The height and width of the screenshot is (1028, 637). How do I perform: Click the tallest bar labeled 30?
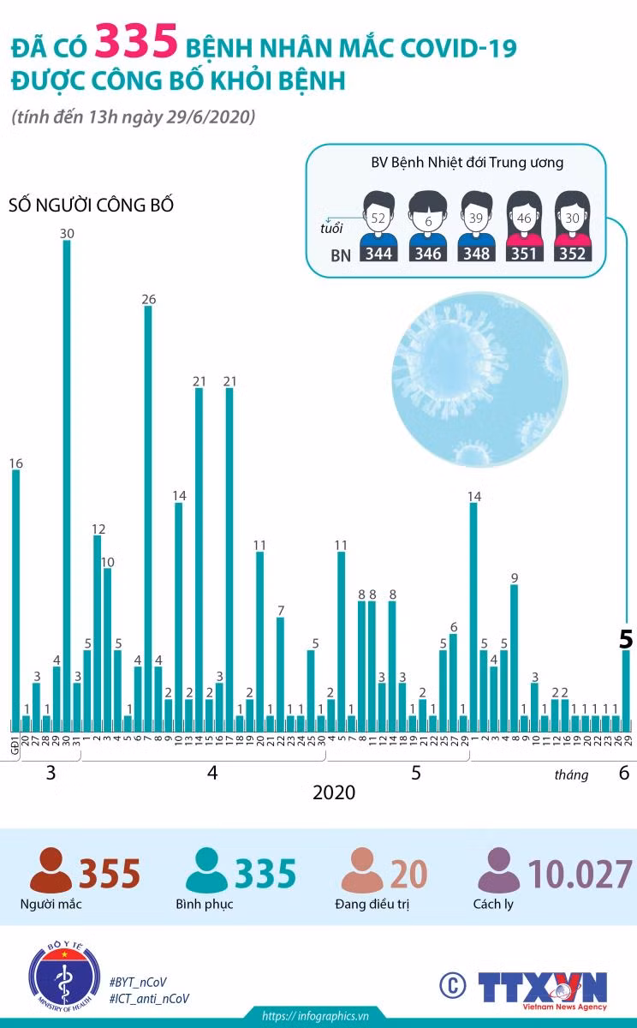coord(67,486)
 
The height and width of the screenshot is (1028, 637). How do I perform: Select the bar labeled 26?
coord(148,518)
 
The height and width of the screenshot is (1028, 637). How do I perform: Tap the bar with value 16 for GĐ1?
coord(15,601)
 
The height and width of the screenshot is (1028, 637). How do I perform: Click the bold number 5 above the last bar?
coord(626,639)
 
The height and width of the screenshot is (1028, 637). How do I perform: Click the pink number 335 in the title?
coord(136,43)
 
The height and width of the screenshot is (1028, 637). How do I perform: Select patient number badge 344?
coord(378,254)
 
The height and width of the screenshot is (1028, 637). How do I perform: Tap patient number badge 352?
coord(572,254)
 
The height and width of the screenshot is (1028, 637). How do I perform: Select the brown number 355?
coord(110,874)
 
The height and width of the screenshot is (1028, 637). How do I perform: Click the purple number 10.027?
coord(580,874)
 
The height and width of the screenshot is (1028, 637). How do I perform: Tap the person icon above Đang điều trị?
coord(362,870)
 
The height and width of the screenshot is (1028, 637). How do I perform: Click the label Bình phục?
coord(205,904)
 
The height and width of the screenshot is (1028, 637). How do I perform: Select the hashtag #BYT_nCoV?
coord(138,982)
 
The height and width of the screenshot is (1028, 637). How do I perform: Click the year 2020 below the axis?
coord(334,792)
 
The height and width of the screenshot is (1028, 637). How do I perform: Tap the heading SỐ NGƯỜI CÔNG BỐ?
coord(91,205)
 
